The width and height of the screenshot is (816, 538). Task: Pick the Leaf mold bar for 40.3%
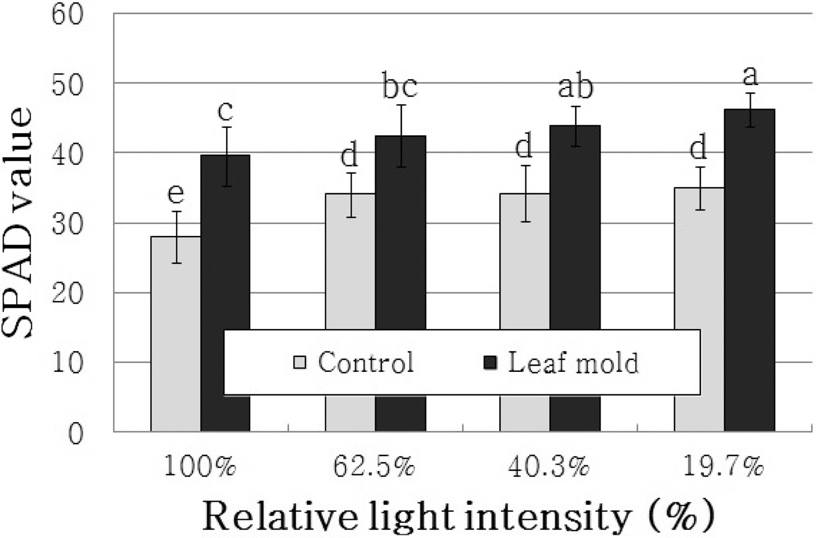click(x=575, y=230)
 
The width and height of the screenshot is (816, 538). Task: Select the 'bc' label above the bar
click(x=400, y=86)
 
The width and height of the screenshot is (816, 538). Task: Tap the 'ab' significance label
click(x=576, y=87)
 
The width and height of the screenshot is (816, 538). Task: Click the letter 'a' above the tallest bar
click(x=751, y=76)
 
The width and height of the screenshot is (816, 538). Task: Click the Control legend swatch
click(x=300, y=362)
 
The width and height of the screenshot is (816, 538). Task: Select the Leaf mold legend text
click(x=573, y=363)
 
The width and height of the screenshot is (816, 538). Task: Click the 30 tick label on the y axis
click(x=67, y=224)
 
